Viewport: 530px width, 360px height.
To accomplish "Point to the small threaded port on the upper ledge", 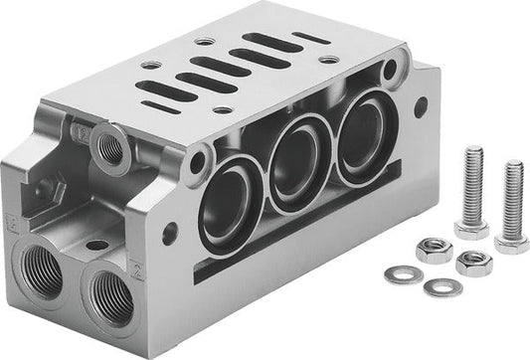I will coord(110,150).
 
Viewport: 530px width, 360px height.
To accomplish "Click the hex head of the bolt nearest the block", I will coord(471,226).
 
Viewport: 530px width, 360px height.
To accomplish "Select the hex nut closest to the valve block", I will coord(435,249).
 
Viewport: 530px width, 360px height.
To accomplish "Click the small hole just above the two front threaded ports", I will coord(96,244).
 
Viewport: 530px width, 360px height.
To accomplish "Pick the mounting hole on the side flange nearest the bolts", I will coord(420,101).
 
